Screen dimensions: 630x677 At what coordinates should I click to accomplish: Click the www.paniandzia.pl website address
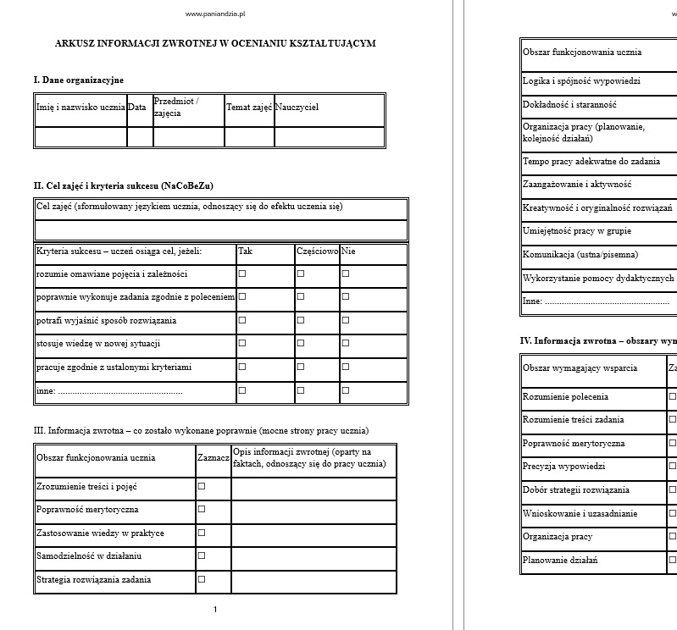[215, 14]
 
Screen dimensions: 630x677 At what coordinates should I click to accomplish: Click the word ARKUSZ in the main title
[75, 43]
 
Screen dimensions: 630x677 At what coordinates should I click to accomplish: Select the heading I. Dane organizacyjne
[79, 80]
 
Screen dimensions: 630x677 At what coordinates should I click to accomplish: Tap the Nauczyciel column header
[297, 108]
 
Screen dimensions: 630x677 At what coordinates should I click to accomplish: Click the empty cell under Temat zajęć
[249, 137]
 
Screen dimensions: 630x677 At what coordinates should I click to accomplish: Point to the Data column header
[137, 108]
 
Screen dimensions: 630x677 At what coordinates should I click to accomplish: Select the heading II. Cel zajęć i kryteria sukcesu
[123, 185]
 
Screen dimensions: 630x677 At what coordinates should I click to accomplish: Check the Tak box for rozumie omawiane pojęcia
[242, 274]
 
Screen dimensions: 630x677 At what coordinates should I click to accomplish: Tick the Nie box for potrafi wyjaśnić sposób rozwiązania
[346, 321]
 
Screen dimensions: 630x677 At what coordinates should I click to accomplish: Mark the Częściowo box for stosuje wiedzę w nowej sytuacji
[301, 344]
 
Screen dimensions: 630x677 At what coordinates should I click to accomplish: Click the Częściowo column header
[318, 251]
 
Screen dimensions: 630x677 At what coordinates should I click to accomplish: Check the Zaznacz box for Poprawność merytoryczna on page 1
[202, 510]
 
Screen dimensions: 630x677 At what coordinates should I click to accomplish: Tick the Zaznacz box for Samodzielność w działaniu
[202, 556]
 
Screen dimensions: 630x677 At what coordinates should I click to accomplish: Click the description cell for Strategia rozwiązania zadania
[314, 581]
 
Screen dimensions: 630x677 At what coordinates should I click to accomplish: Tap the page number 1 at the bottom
[215, 610]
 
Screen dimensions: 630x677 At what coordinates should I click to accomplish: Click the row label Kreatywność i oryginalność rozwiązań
[597, 207]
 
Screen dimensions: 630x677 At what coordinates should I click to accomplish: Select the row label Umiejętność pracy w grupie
[577, 231]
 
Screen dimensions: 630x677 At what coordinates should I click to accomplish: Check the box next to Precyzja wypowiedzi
[673, 467]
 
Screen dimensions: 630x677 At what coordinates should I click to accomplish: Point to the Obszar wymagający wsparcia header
[580, 368]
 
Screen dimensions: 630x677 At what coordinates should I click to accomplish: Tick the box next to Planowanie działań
[673, 560]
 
